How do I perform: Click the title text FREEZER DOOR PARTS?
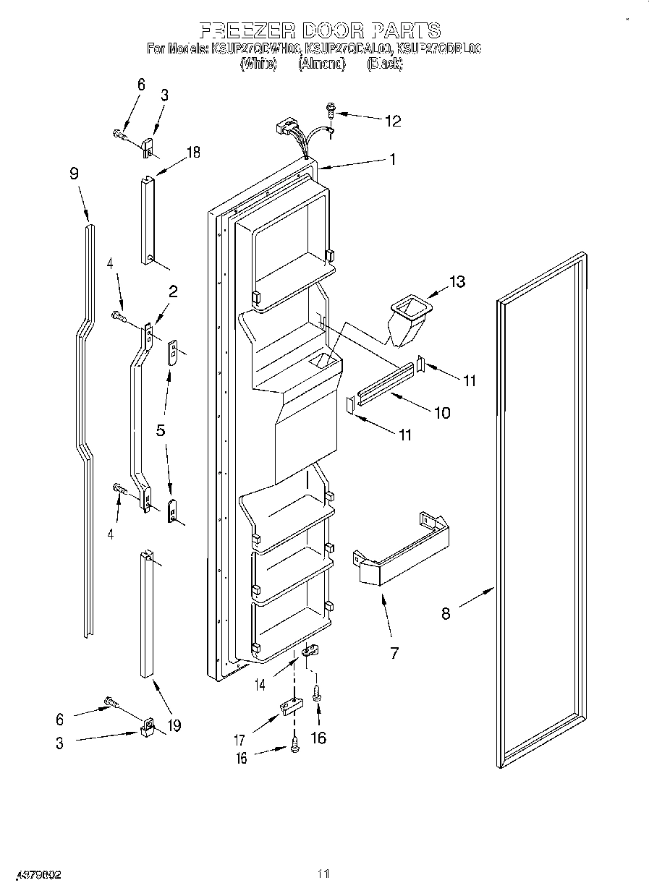click(x=319, y=30)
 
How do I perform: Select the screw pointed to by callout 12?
click(x=331, y=111)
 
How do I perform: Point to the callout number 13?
click(x=457, y=281)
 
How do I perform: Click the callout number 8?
click(x=446, y=613)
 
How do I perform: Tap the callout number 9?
click(x=74, y=174)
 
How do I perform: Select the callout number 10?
click(x=441, y=413)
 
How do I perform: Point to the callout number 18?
click(x=192, y=153)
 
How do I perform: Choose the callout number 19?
click(x=174, y=725)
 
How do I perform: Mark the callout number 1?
click(x=393, y=160)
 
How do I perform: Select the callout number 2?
click(x=173, y=291)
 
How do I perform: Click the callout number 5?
click(x=161, y=430)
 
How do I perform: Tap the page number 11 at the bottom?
click(x=323, y=874)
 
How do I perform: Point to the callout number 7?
click(x=394, y=653)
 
